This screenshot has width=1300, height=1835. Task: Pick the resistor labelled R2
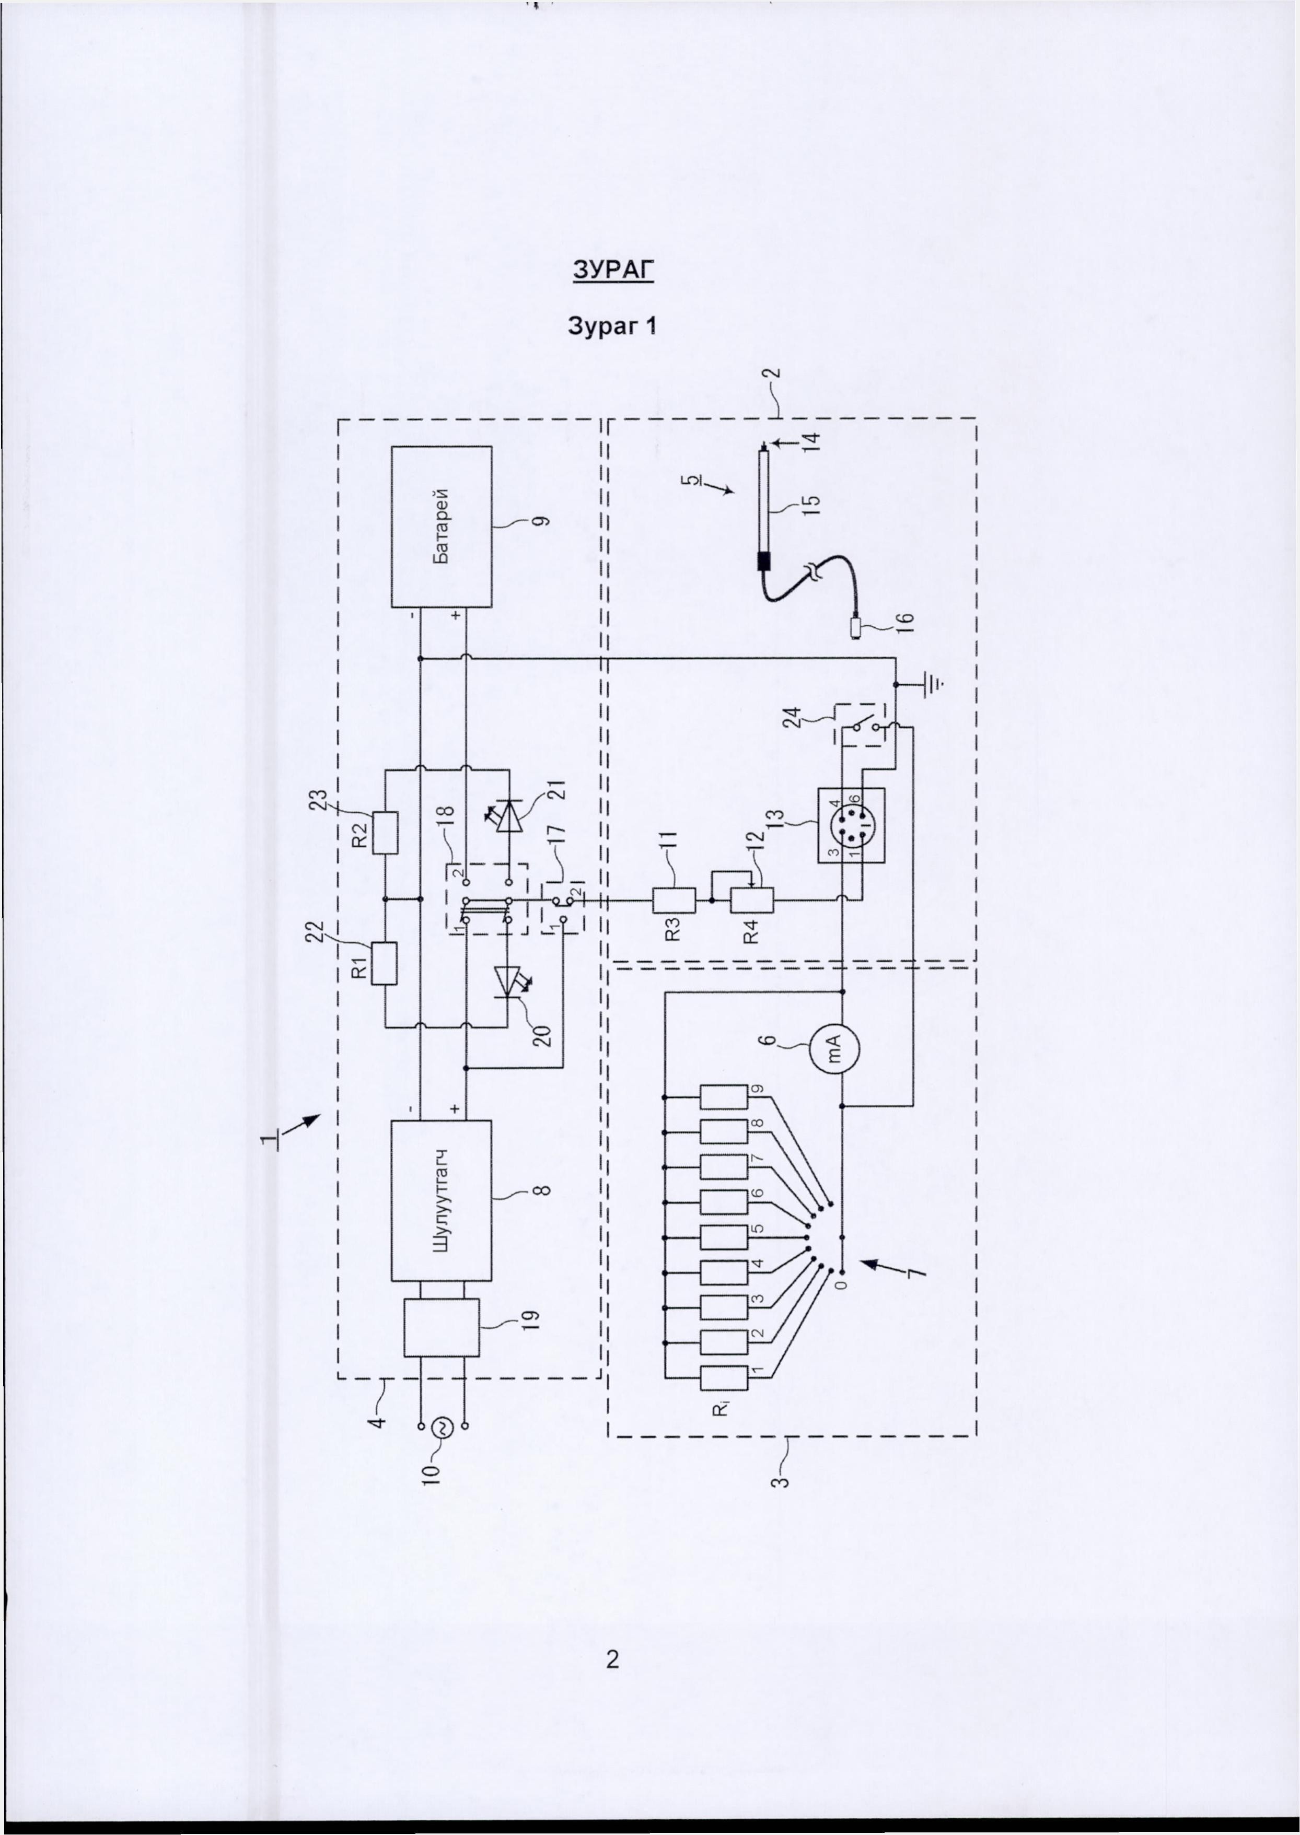pyautogui.click(x=385, y=834)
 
